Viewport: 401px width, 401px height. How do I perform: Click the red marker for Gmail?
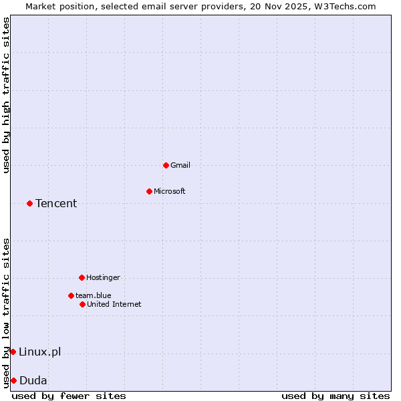166,165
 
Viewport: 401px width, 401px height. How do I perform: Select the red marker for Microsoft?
149,191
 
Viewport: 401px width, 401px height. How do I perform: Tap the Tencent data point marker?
29,203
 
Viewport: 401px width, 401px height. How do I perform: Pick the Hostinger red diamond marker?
82,277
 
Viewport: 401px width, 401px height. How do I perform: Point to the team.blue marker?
71,295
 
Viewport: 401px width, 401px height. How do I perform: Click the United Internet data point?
82,304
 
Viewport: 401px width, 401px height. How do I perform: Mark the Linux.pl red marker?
13,352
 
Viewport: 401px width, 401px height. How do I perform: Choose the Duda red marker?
13,380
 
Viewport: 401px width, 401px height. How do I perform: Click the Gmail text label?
180,165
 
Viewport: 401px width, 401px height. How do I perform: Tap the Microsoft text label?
170,191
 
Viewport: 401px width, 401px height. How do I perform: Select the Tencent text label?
56,203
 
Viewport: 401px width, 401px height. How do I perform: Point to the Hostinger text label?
103,277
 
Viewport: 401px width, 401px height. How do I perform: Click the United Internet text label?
114,304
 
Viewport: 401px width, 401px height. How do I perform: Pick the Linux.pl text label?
39,352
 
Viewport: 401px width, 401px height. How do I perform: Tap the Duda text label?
33,380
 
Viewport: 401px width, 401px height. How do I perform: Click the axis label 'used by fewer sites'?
69,396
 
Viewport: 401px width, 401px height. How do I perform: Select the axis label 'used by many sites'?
336,396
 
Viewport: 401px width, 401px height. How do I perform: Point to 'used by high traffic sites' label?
6,96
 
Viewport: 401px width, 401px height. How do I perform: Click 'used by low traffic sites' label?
6,312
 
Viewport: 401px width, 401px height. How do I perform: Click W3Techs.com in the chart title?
344,6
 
